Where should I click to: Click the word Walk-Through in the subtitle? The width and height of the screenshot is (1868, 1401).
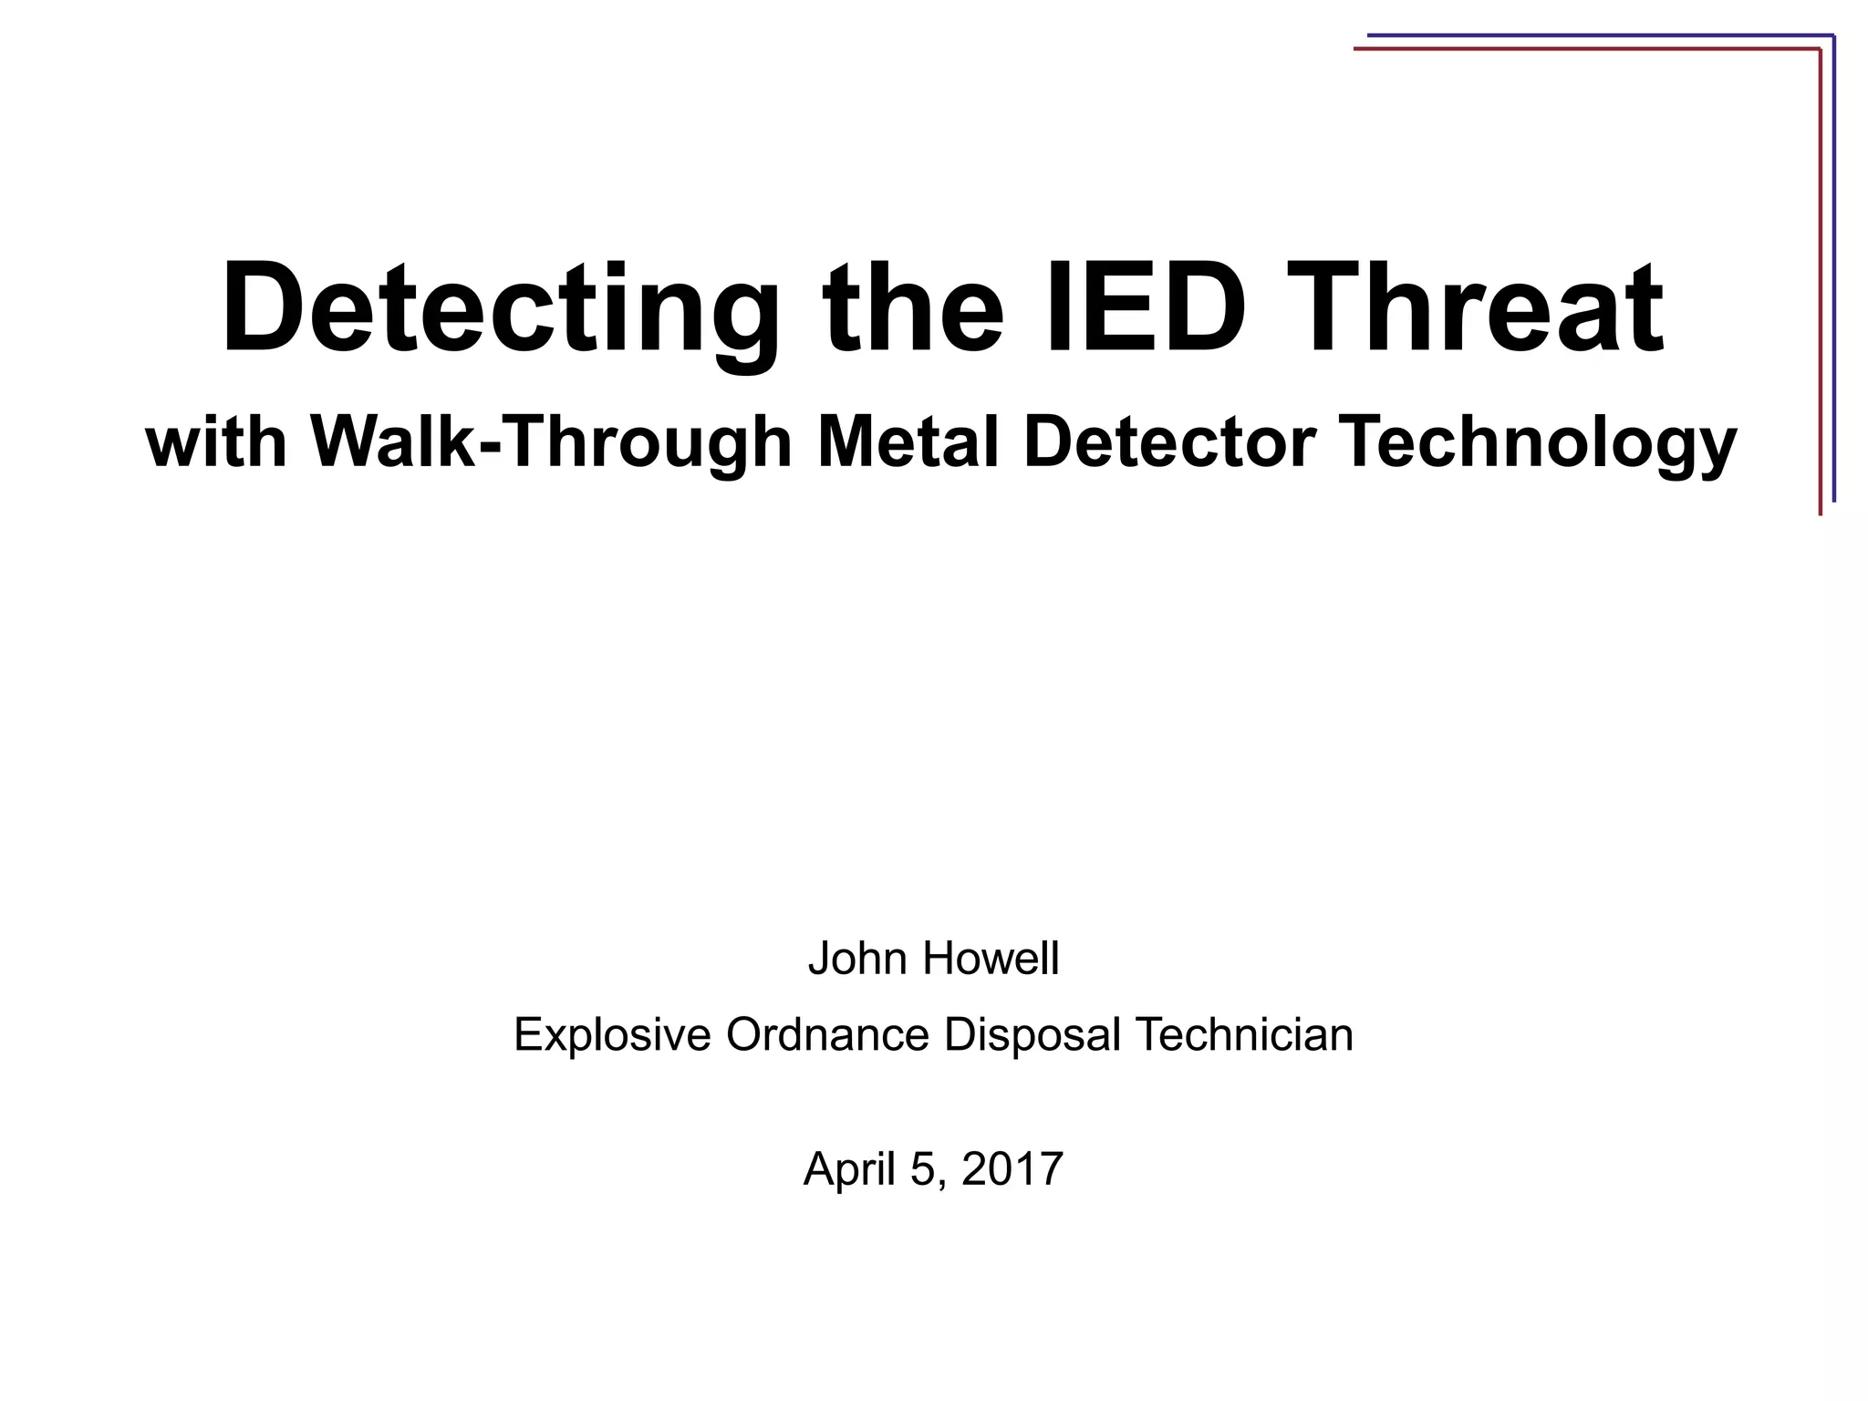551,441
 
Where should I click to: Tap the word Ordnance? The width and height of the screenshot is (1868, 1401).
826,1034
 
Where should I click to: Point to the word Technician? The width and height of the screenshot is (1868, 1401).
1243,1034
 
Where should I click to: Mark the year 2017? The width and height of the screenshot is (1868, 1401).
1012,1168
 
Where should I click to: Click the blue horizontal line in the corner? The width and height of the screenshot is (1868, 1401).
1596,36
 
